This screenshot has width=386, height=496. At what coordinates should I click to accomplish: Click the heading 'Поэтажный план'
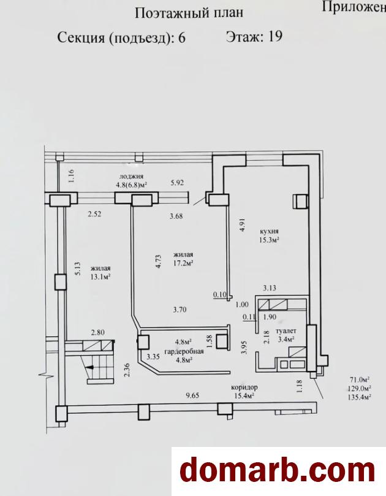tap(189, 13)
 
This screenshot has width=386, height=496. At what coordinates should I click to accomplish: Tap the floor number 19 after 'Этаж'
tap(274, 37)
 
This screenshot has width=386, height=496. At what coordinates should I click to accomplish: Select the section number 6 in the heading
tap(182, 37)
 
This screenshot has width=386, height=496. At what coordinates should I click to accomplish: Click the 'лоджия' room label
tap(132, 177)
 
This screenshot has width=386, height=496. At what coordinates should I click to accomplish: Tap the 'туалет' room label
tap(286, 331)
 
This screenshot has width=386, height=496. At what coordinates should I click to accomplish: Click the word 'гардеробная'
tap(184, 351)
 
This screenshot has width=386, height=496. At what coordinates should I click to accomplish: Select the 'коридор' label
tap(244, 387)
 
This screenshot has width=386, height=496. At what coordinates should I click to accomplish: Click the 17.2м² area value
tap(183, 262)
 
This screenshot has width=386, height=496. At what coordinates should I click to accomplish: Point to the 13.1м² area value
tap(100, 277)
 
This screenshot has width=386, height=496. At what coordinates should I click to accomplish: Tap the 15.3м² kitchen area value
tap(269, 240)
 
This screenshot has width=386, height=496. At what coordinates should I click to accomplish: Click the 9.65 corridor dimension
tap(192, 395)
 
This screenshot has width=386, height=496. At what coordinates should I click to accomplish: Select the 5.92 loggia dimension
tap(177, 183)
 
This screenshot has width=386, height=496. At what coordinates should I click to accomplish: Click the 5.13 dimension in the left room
tap(78, 269)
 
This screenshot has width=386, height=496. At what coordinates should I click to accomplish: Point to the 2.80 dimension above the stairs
tap(97, 332)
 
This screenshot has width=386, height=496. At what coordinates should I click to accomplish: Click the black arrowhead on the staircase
tap(90, 368)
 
